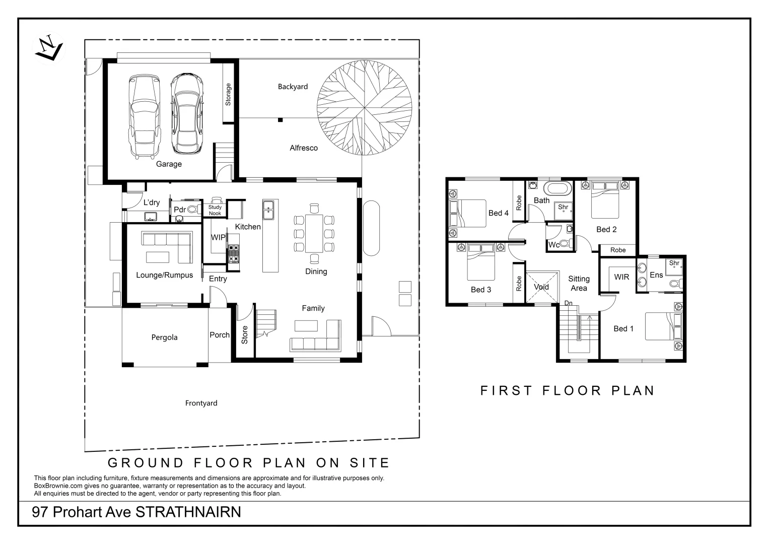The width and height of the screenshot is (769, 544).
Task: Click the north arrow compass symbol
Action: (49, 48)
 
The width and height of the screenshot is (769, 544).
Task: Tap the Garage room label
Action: (169, 164)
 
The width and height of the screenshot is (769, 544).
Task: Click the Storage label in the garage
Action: (228, 95)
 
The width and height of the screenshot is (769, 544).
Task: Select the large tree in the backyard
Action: (364, 108)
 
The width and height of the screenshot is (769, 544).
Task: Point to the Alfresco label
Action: (304, 148)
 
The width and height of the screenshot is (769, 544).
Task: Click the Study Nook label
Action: (215, 210)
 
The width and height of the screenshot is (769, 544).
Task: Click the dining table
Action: (314, 233)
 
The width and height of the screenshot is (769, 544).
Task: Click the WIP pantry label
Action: (218, 237)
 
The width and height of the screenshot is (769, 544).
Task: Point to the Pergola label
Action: (165, 337)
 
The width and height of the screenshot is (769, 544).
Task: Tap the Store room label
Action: (244, 335)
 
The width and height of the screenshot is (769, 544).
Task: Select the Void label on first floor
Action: (541, 287)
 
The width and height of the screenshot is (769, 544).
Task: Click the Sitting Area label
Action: (579, 283)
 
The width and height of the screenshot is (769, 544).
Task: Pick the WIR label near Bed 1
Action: (622, 277)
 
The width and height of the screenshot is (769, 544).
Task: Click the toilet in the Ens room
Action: (676, 284)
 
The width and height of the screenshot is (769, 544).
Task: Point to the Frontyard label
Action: (201, 403)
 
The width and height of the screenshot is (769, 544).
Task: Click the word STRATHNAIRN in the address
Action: (188, 512)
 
